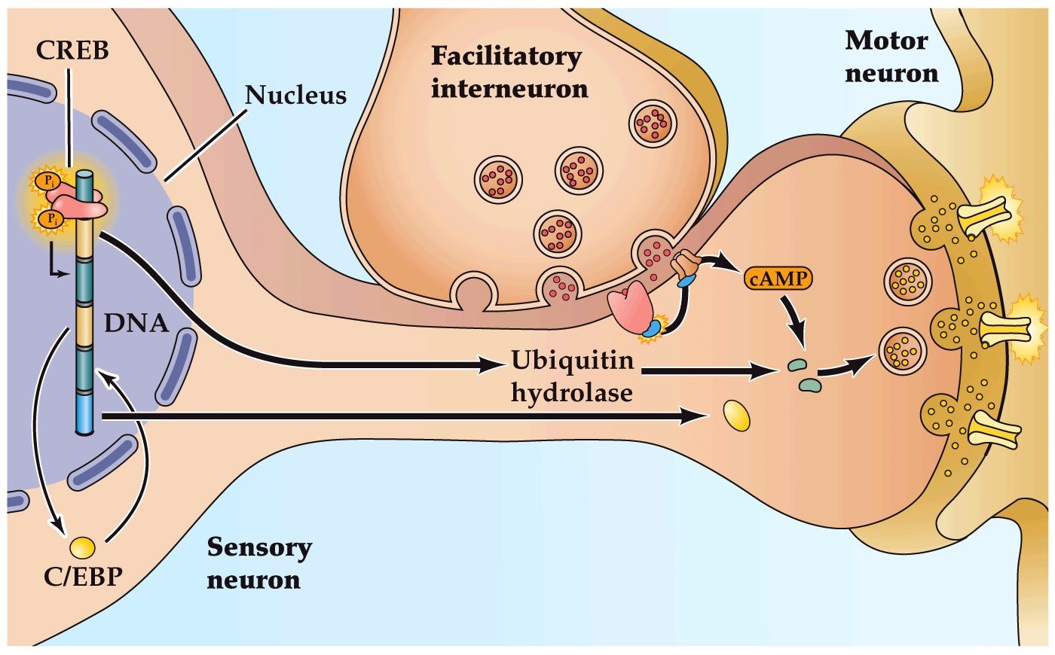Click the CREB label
[72, 50]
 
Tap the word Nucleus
[295, 95]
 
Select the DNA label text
[136, 323]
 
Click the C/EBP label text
[83, 577]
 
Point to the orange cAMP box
[779, 279]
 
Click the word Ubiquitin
[572, 360]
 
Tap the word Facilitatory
[506, 56]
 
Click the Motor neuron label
[891, 56]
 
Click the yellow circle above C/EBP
[81, 546]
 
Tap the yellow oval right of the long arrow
[737, 415]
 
